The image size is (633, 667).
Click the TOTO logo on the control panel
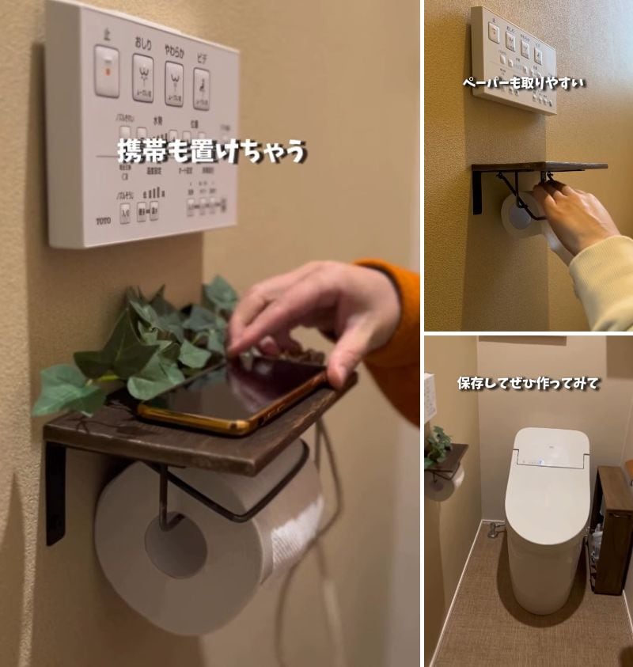tap(104, 221)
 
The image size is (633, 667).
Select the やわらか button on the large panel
tap(174, 82)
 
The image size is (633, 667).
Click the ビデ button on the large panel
tap(202, 87)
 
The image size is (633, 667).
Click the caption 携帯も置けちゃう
tap(211, 150)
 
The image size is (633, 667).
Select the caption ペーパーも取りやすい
tap(523, 81)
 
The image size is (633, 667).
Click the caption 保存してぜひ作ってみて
tap(528, 383)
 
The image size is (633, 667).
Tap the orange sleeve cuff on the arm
tap(396, 332)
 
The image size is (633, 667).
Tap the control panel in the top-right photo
tap(512, 59)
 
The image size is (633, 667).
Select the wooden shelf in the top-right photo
tap(538, 166)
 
